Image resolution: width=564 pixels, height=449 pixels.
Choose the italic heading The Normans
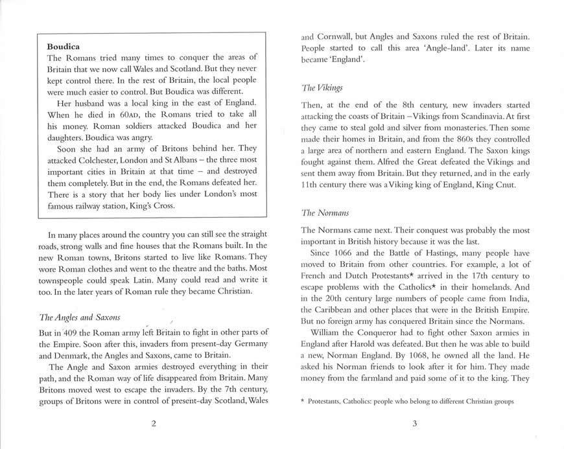pyautogui.click(x=326, y=212)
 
